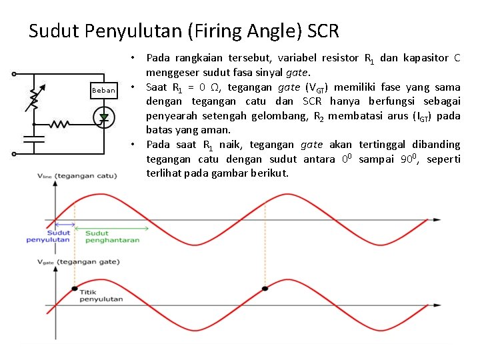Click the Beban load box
pyautogui.click(x=103, y=90)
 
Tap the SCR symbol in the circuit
pyautogui.click(x=103, y=117)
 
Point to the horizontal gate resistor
pyautogui.click(x=61, y=124)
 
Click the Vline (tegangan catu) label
pyautogui.click(x=77, y=175)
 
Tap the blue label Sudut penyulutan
pyautogui.click(x=48, y=236)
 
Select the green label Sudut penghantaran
pyautogui.click(x=112, y=237)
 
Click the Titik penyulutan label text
pyautogui.click(x=101, y=295)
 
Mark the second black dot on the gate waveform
pyautogui.click(x=265, y=288)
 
